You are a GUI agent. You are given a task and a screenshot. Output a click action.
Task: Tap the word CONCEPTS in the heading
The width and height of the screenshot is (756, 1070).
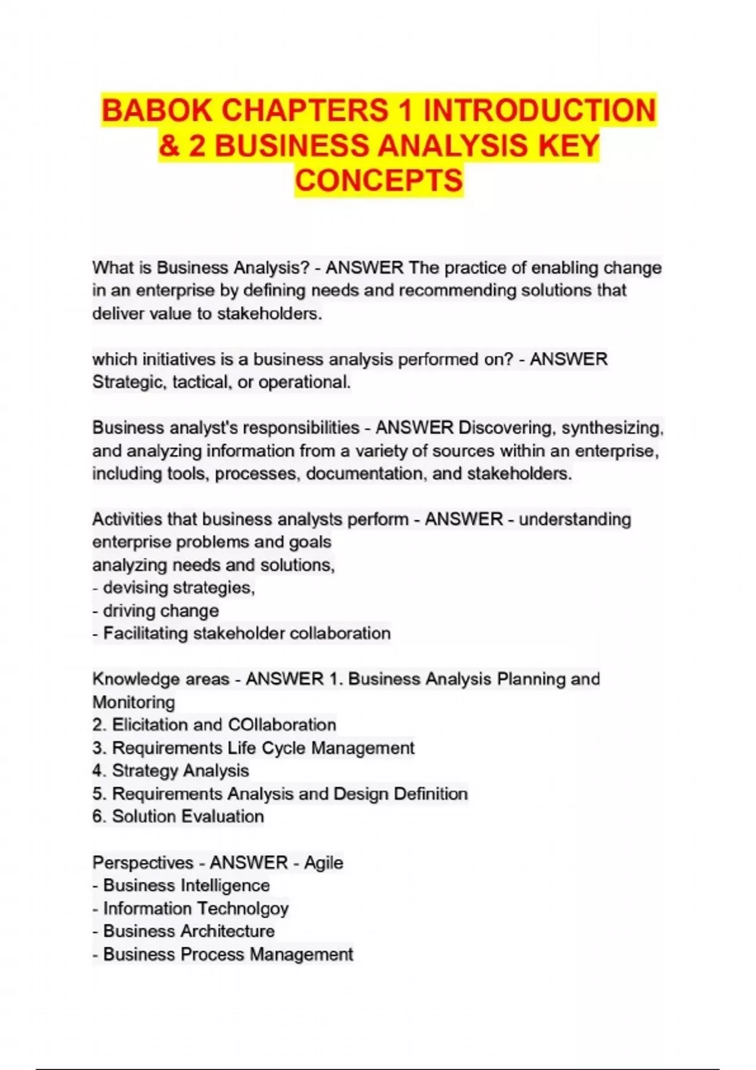click(x=379, y=181)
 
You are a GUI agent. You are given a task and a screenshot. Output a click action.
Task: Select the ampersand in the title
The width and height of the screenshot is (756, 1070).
click(x=169, y=146)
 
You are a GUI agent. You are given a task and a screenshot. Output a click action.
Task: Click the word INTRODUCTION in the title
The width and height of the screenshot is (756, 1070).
click(x=539, y=111)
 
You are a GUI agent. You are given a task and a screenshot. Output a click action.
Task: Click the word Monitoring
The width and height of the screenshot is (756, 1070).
click(x=134, y=702)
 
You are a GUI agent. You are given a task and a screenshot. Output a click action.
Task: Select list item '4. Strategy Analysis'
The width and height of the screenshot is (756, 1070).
click(x=171, y=770)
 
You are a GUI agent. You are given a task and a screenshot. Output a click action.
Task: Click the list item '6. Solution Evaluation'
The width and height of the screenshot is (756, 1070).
click(x=178, y=816)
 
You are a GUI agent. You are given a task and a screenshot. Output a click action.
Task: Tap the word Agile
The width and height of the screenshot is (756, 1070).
click(x=323, y=862)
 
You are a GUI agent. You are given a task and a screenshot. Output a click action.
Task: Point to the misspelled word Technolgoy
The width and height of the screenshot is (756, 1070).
click(x=241, y=908)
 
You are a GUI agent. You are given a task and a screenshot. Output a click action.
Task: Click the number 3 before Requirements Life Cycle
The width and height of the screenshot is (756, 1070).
click(x=98, y=748)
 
